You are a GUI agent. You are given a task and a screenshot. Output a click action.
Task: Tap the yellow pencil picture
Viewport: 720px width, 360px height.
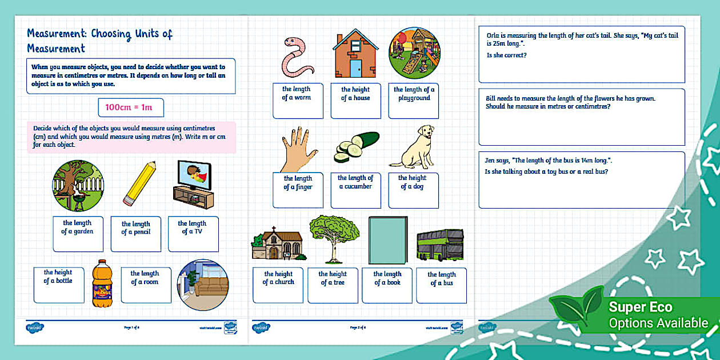pos(139,183)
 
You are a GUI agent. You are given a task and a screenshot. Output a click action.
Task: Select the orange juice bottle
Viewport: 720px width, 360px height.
pos(103,284)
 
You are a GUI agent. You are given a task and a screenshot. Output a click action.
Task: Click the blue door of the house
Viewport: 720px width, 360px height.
pos(355,69)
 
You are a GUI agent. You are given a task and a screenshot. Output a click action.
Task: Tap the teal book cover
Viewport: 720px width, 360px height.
pos(388,239)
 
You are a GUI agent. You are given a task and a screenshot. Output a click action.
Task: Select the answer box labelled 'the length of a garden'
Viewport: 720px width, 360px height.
pos(78,233)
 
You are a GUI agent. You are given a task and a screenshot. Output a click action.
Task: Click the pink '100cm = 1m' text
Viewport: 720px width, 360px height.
pos(131,107)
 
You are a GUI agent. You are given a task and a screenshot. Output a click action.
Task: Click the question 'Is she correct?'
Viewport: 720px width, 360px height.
pos(506,55)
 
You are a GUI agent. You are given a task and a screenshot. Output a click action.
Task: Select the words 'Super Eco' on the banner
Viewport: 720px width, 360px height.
pos(640,307)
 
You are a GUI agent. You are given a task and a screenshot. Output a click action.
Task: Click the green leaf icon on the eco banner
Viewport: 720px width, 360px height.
pos(575,309)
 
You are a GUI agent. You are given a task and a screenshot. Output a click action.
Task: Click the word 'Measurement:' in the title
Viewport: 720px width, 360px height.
pos(57,34)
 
